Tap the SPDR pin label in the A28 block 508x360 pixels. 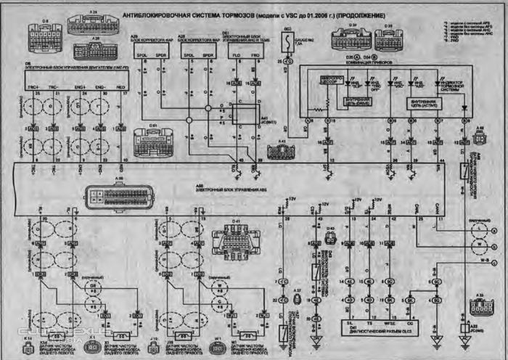click(208, 55)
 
